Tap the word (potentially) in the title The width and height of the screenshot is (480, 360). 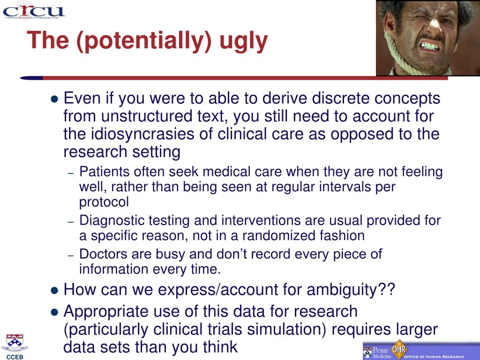click(144, 41)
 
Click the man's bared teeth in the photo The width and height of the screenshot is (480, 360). click(431, 46)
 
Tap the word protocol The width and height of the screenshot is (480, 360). click(104, 202)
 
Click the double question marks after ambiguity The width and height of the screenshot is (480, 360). click(387, 289)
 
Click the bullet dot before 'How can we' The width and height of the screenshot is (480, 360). click(54, 290)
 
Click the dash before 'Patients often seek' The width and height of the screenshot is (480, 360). click(71, 173)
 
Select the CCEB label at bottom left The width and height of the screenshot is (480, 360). click(15, 357)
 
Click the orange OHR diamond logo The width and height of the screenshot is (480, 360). click(399, 349)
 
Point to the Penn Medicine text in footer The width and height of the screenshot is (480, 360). click(382, 352)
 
